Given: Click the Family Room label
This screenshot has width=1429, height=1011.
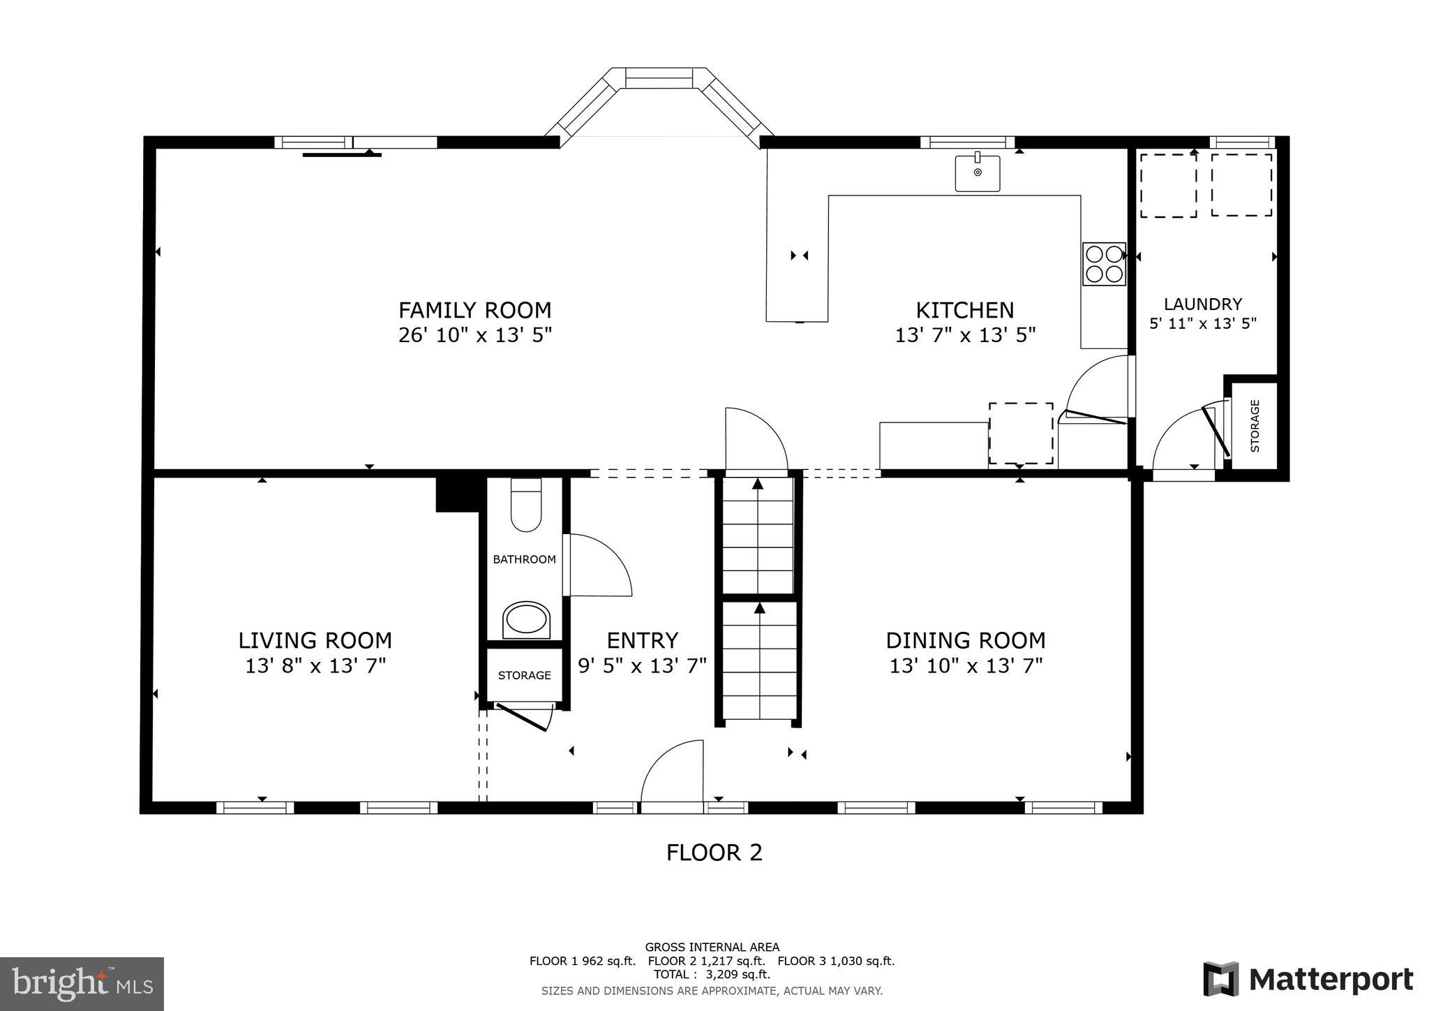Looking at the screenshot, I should coord(474,310).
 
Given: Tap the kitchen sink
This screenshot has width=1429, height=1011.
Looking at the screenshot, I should coord(977,173).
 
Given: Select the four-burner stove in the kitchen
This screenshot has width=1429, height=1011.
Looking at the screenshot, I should coord(1104,264).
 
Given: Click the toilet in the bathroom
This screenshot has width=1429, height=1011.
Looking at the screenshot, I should coord(526,505).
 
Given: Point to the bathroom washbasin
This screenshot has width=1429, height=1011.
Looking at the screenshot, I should coord(527,619).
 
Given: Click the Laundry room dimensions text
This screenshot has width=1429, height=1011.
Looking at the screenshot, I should coord(1203,324).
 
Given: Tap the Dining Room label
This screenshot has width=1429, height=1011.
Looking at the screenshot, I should coord(966,640).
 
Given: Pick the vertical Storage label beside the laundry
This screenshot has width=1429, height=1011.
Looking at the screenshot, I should coord(1255,426).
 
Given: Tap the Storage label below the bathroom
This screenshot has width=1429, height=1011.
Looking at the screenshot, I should coord(524,675).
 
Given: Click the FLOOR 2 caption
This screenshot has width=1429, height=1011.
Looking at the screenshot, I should coord(714,853).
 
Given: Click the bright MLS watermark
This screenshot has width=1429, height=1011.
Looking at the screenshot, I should coord(82,984).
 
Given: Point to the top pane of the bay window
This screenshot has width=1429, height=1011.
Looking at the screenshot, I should coord(659,78).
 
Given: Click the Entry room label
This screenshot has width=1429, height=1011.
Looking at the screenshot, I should coord(642,640).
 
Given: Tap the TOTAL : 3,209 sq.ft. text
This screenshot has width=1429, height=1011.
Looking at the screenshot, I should coord(712,974).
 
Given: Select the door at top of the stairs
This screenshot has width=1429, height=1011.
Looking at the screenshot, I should coord(755,440).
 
